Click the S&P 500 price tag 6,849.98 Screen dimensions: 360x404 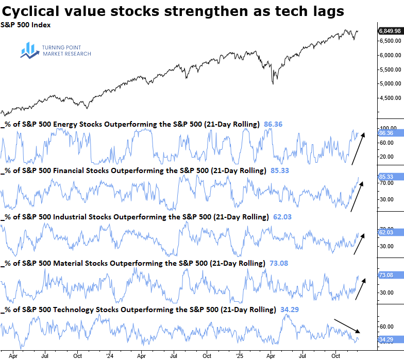pyautogui.click(x=390, y=31)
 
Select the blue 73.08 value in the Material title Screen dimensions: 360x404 pyautogui.click(x=279, y=263)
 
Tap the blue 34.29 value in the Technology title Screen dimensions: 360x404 pyautogui.click(x=290, y=309)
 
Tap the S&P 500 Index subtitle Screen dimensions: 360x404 pyautogui.click(x=26, y=24)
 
